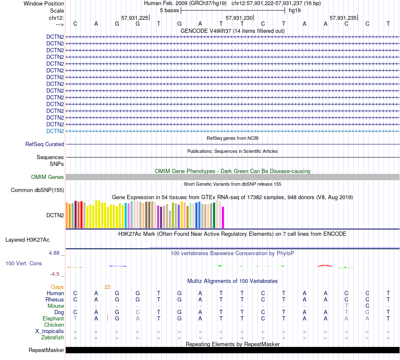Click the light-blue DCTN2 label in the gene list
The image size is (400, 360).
click(55, 131)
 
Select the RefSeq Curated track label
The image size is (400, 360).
click(45, 144)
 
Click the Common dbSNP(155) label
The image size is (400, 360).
click(37, 190)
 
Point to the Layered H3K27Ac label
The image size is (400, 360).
click(27, 240)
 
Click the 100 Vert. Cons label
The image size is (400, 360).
click(24, 263)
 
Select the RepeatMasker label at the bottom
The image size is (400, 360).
click(46, 350)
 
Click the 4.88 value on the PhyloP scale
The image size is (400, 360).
click(55, 253)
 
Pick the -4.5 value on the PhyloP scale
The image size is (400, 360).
click(55, 274)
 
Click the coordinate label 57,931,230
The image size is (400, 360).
click(239, 18)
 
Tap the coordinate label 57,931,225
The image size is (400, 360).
click(135, 18)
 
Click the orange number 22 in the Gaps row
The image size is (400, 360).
click(107, 287)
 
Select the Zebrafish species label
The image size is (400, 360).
click(53, 338)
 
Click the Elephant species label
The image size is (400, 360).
click(53, 319)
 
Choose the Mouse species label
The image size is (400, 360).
click(56, 306)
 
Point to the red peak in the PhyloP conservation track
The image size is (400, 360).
click(325, 265)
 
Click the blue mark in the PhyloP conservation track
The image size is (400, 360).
click(117, 266)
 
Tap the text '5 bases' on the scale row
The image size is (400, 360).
click(169, 10)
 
